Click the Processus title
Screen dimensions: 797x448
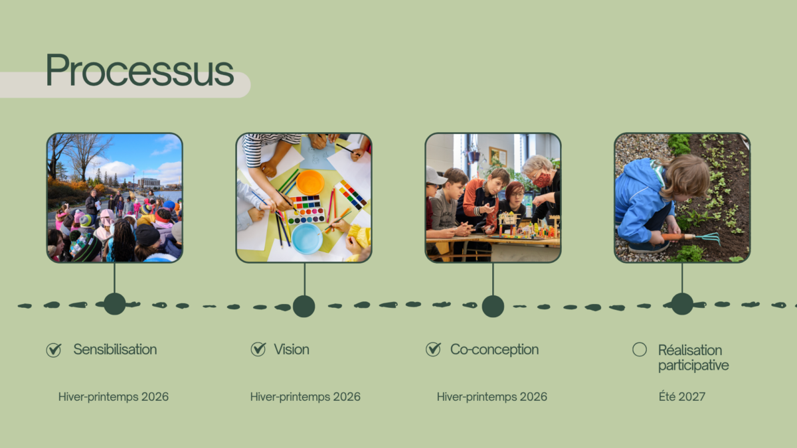click(x=140, y=70)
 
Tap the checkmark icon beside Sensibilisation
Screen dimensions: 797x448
click(x=54, y=350)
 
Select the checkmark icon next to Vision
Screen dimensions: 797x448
click(x=258, y=349)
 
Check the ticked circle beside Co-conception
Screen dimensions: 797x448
click(x=433, y=349)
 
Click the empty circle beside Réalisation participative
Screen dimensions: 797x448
click(x=640, y=350)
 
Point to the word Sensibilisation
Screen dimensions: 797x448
click(x=115, y=350)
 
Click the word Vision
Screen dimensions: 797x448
click(x=292, y=350)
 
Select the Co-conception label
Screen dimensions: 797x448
click(x=495, y=350)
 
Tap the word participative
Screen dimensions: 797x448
click(x=693, y=366)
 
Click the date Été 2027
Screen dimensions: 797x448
click(x=681, y=396)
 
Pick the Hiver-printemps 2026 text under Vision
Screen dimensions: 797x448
click(x=306, y=397)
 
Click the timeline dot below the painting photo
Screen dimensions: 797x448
click(x=304, y=306)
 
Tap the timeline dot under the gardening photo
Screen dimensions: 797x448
click(x=682, y=304)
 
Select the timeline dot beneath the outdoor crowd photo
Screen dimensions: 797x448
click(x=114, y=304)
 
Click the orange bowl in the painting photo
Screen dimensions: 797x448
click(x=310, y=183)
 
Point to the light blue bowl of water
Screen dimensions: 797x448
click(x=307, y=238)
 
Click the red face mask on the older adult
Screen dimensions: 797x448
click(x=541, y=179)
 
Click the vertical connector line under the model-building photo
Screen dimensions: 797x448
click(x=493, y=279)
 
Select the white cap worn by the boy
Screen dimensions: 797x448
click(x=436, y=176)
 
